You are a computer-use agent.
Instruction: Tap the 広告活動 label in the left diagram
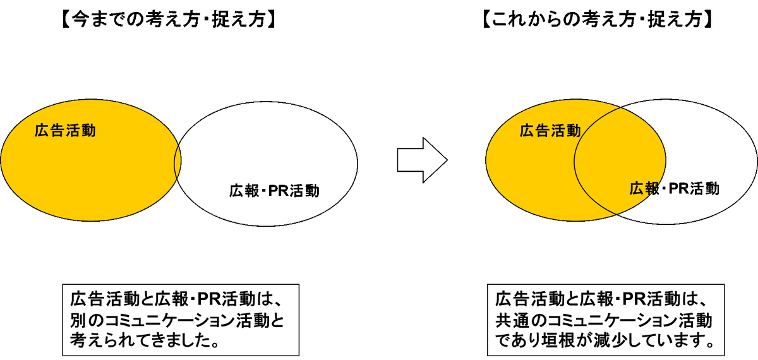tap(65, 131)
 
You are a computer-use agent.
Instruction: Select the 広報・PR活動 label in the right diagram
tap(675, 188)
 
